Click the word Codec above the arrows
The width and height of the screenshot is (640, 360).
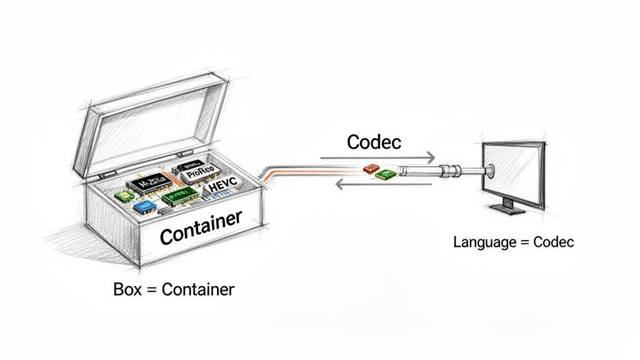pos(374,142)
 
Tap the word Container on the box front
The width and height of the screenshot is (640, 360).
pos(201,227)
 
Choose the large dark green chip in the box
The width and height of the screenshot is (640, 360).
pos(180,198)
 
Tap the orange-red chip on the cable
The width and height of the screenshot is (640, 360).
pos(370,169)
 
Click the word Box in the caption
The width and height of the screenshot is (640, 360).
pos(127,290)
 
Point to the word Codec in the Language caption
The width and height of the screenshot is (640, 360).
pos(553,242)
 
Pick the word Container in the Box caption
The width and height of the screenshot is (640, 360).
pos(197,290)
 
